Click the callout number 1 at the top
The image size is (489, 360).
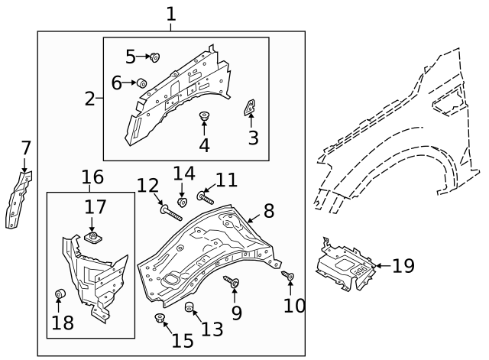coord(170,14)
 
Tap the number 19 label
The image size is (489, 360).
coord(403,266)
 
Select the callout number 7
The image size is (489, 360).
coord(25,148)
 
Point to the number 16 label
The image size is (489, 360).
coord(92,178)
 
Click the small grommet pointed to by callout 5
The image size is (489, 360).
coord(154,56)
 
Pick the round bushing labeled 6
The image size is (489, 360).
coord(142,82)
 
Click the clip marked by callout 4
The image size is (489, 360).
coord(204,116)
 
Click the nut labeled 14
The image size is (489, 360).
coord(183,202)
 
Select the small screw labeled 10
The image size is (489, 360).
coord(289,277)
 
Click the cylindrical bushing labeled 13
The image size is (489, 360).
coord(191,308)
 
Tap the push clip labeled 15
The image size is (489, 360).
coord(160,319)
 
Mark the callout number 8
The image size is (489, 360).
coord(268,212)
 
